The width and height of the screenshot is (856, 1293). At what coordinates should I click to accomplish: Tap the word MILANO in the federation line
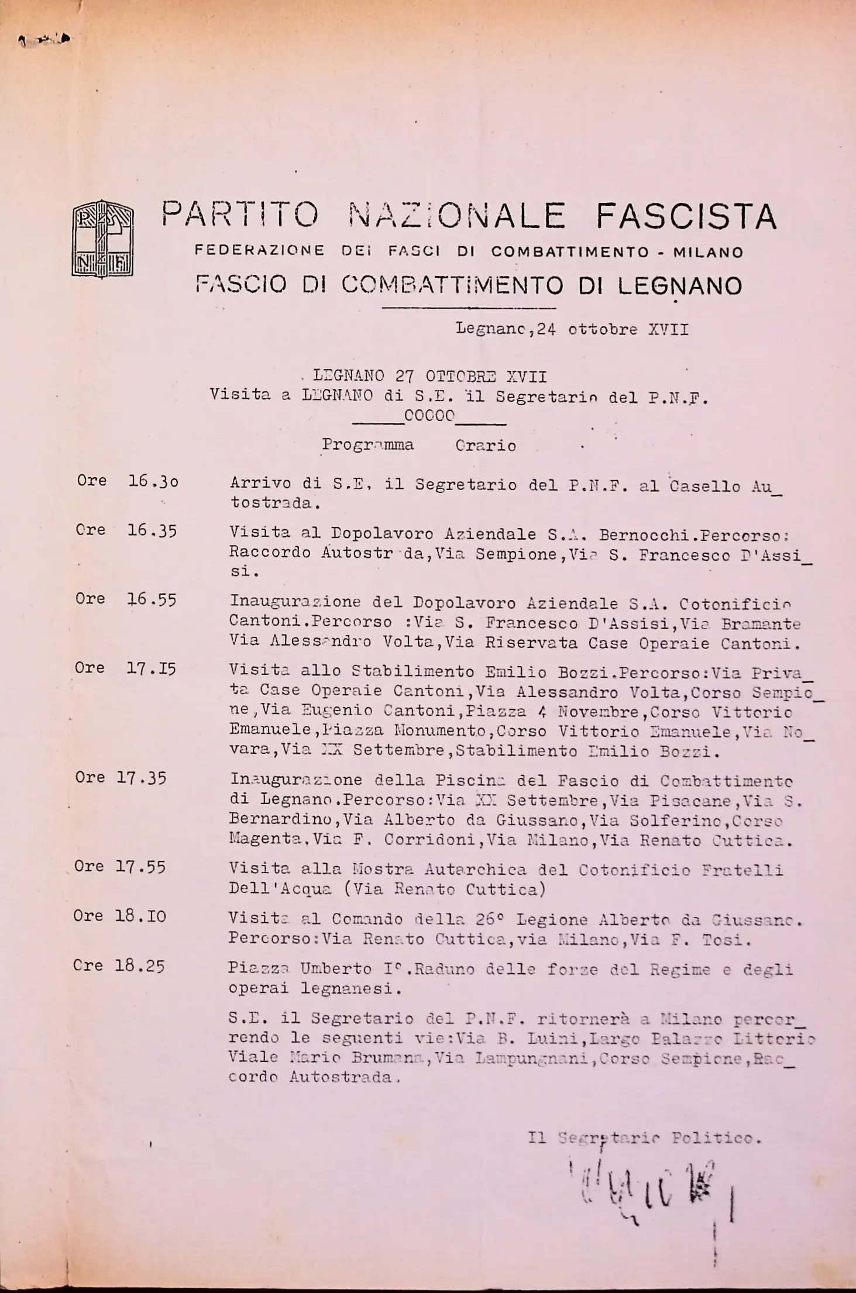(708, 253)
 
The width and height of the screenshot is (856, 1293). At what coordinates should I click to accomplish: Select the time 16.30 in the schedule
(153, 481)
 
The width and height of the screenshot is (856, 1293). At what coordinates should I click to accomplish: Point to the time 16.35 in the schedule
(152, 530)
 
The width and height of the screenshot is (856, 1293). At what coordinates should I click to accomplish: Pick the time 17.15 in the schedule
(151, 668)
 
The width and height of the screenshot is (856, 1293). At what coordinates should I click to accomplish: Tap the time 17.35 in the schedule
(140, 778)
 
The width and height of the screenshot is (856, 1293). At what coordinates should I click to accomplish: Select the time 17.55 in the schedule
(140, 867)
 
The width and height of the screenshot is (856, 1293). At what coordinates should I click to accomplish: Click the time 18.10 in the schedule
(140, 916)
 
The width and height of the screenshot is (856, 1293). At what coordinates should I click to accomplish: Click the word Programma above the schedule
(367, 446)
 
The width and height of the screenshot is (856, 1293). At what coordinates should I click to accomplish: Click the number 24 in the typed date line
(545, 329)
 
